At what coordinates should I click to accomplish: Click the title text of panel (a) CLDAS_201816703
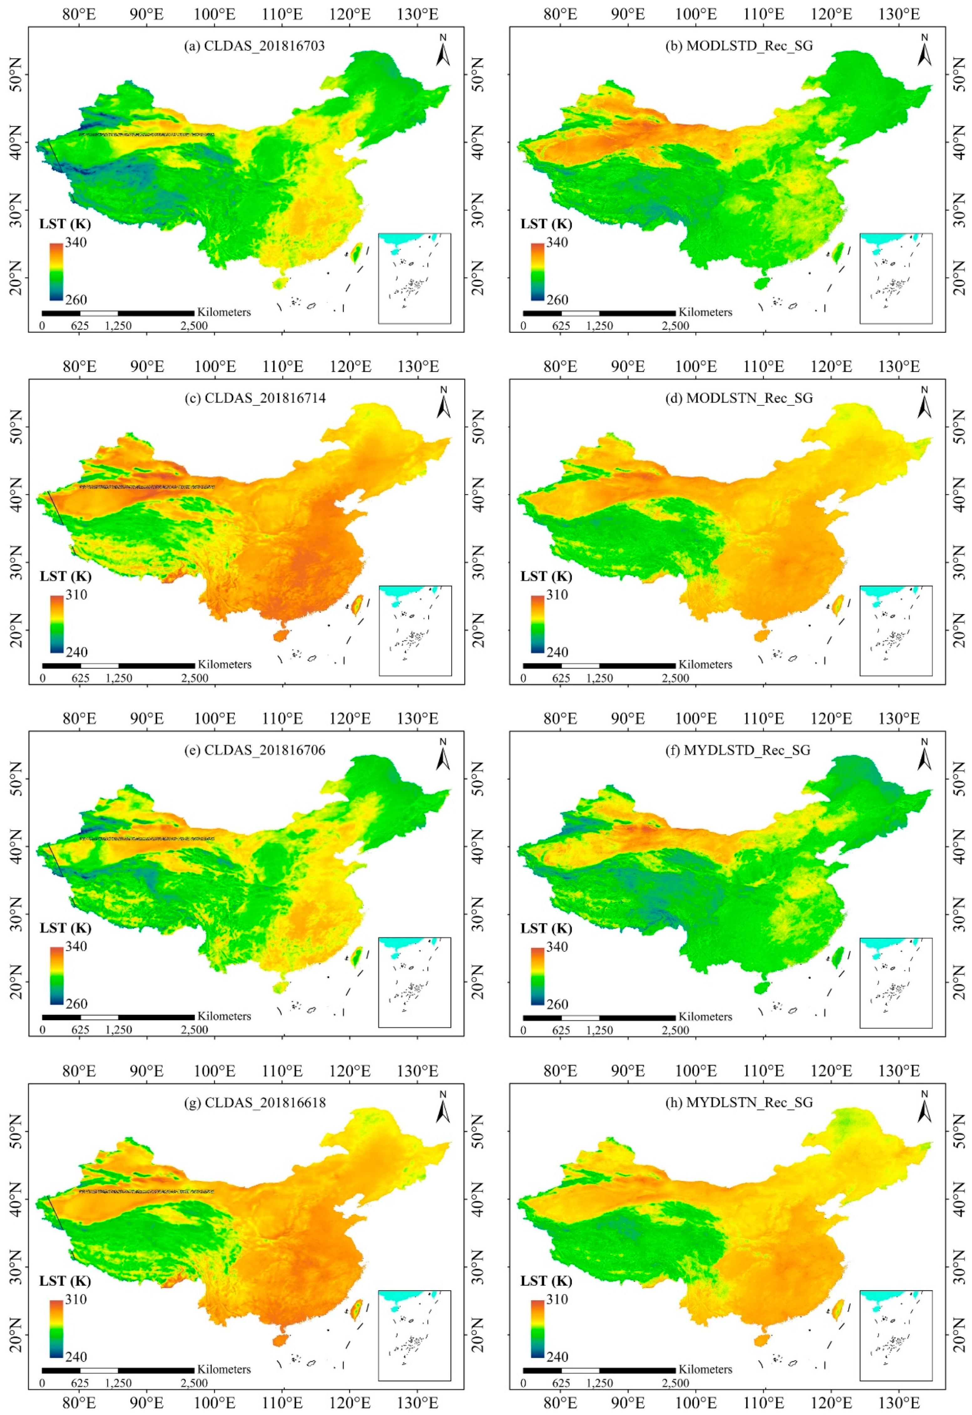[x=255, y=46]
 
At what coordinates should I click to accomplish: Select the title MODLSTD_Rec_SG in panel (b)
[x=738, y=46]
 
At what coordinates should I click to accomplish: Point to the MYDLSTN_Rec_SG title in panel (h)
[x=738, y=1103]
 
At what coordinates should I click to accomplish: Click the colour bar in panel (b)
[x=537, y=272]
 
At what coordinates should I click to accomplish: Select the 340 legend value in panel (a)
[x=76, y=243]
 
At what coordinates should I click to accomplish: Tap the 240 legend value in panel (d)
[x=557, y=652]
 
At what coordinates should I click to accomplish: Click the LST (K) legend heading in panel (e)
[x=65, y=928]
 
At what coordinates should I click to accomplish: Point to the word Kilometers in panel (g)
[x=224, y=1369]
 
